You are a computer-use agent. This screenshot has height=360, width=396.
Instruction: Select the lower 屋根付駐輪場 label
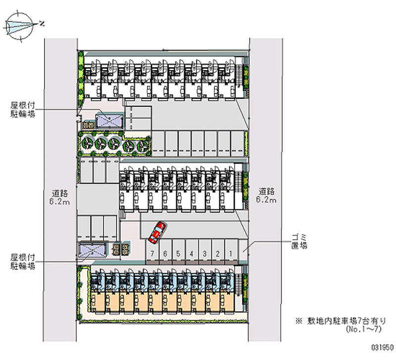[23, 262]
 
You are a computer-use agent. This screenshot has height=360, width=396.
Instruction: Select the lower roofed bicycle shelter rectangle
[93, 251]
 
